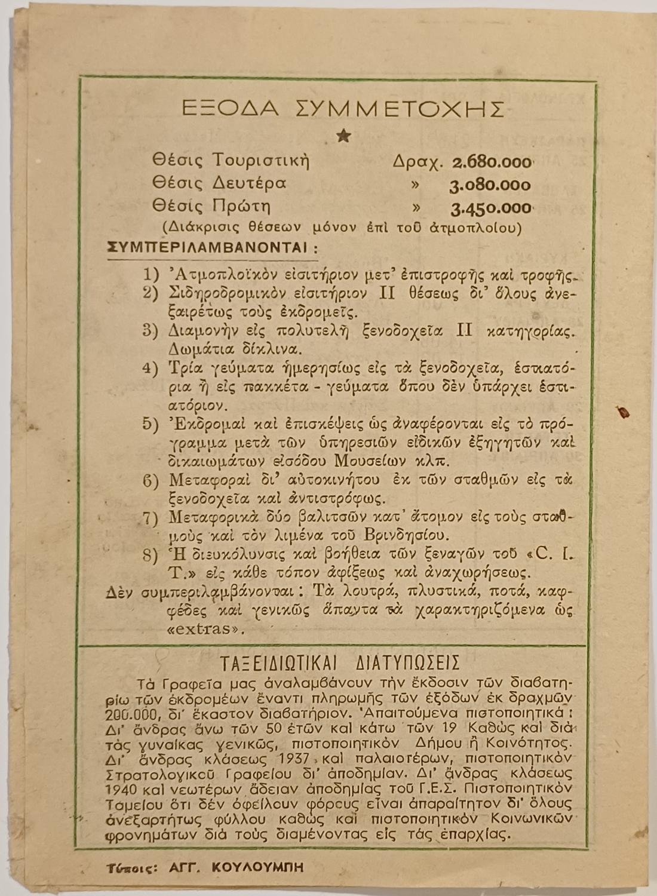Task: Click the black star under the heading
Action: [343, 136]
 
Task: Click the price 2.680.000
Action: [492, 162]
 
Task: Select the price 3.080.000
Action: [490, 186]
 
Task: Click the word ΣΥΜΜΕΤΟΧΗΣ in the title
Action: [401, 109]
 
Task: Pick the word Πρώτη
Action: [242, 207]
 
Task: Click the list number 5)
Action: [151, 424]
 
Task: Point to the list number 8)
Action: [151, 554]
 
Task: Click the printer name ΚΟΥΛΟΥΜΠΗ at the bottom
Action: [257, 867]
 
